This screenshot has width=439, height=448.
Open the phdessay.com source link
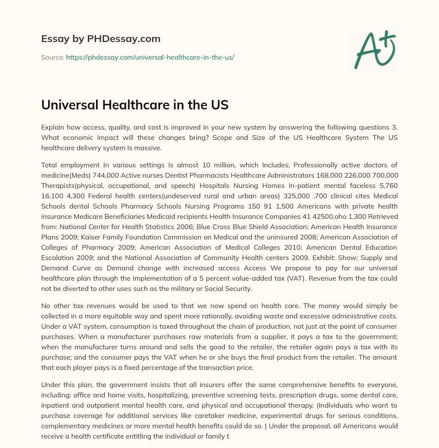click(x=150, y=57)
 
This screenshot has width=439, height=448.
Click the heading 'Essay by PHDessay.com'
click(x=101, y=39)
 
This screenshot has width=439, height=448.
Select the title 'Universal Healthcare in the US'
click(x=135, y=106)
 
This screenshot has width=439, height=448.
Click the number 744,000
click(x=104, y=175)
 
